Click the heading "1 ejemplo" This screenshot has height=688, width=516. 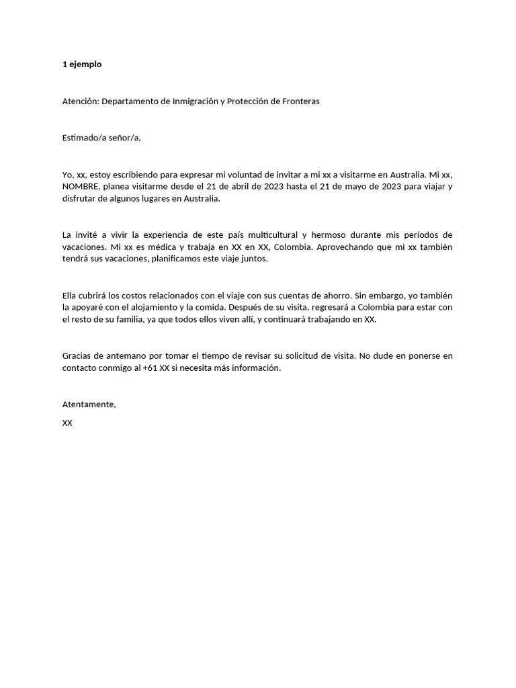pyautogui.click(x=82, y=64)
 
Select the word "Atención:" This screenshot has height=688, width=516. pyautogui.click(x=81, y=101)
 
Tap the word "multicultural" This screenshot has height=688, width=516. pyautogui.click(x=272, y=235)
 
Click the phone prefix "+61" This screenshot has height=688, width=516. pyautogui.click(x=150, y=368)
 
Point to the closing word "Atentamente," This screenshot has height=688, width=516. pyautogui.click(x=89, y=404)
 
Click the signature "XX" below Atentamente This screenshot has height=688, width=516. pyautogui.click(x=67, y=423)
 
